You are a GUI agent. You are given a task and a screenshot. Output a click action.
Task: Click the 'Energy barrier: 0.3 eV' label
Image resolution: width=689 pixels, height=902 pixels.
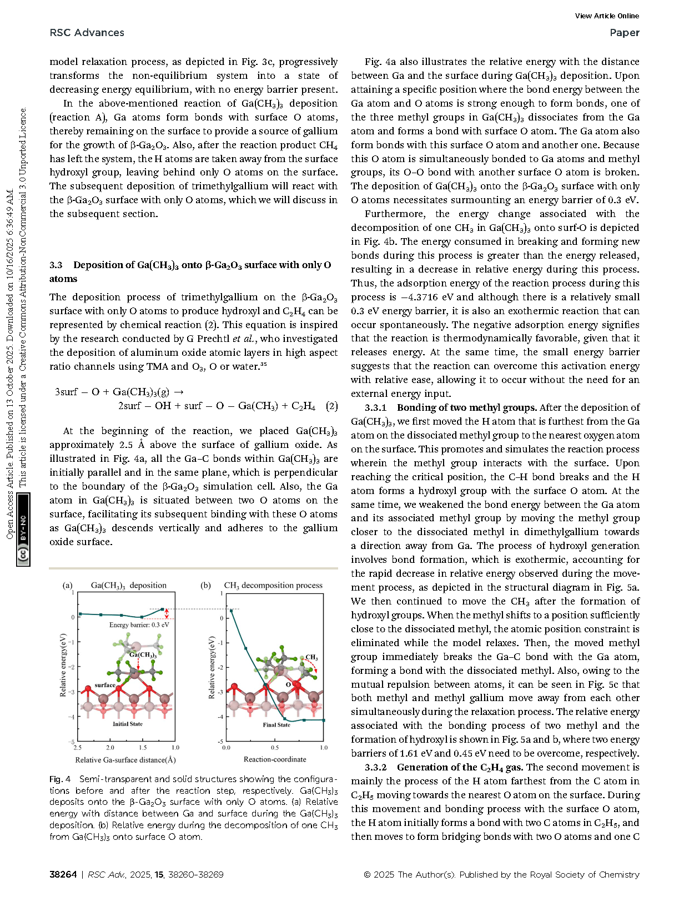pyautogui.click(x=139, y=624)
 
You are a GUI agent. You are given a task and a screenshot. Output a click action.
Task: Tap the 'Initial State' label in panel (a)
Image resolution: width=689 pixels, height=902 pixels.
pyautogui.click(x=128, y=724)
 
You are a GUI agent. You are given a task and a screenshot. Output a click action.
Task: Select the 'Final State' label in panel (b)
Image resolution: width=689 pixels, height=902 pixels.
pyautogui.click(x=276, y=725)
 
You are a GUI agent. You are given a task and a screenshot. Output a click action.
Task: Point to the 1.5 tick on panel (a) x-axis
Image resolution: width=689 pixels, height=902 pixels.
pyautogui.click(x=143, y=747)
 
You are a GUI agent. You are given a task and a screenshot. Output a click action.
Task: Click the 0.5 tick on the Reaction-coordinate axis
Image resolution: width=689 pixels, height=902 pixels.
pyautogui.click(x=275, y=748)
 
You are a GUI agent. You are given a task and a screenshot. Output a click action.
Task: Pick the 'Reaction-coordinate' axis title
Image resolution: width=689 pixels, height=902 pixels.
pyautogui.click(x=275, y=759)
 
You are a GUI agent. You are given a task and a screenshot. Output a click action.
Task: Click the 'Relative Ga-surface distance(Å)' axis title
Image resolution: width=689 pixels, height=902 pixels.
pyautogui.click(x=125, y=760)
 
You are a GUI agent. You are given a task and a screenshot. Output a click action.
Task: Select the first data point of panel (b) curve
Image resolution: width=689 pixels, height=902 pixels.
pyautogui.click(x=231, y=610)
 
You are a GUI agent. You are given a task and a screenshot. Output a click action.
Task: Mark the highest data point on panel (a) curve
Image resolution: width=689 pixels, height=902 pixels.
pyautogui.click(x=163, y=609)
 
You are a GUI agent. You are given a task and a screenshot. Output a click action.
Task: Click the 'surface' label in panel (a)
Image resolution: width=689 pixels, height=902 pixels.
pyautogui.click(x=104, y=685)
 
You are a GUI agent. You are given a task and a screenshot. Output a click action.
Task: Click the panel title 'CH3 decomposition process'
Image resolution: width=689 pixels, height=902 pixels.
pyautogui.click(x=273, y=585)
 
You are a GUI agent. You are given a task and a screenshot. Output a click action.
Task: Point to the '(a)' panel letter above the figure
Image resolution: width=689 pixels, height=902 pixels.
pyautogui.click(x=68, y=585)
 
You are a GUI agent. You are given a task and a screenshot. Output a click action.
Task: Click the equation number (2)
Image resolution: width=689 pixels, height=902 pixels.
pyautogui.click(x=331, y=406)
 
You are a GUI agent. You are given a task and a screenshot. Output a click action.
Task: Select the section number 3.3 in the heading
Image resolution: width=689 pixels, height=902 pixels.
pyautogui.click(x=56, y=265)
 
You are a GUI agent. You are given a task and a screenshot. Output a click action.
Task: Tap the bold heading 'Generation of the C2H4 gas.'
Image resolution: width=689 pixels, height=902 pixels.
pyautogui.click(x=460, y=767)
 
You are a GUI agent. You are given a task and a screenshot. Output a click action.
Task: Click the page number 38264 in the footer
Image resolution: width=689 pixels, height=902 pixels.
pyautogui.click(x=63, y=874)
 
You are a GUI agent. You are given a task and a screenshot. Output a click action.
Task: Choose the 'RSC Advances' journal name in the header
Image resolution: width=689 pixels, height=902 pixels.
pyautogui.click(x=87, y=33)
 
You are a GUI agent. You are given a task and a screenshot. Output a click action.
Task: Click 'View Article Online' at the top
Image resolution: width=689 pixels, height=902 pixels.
pyautogui.click(x=607, y=16)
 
